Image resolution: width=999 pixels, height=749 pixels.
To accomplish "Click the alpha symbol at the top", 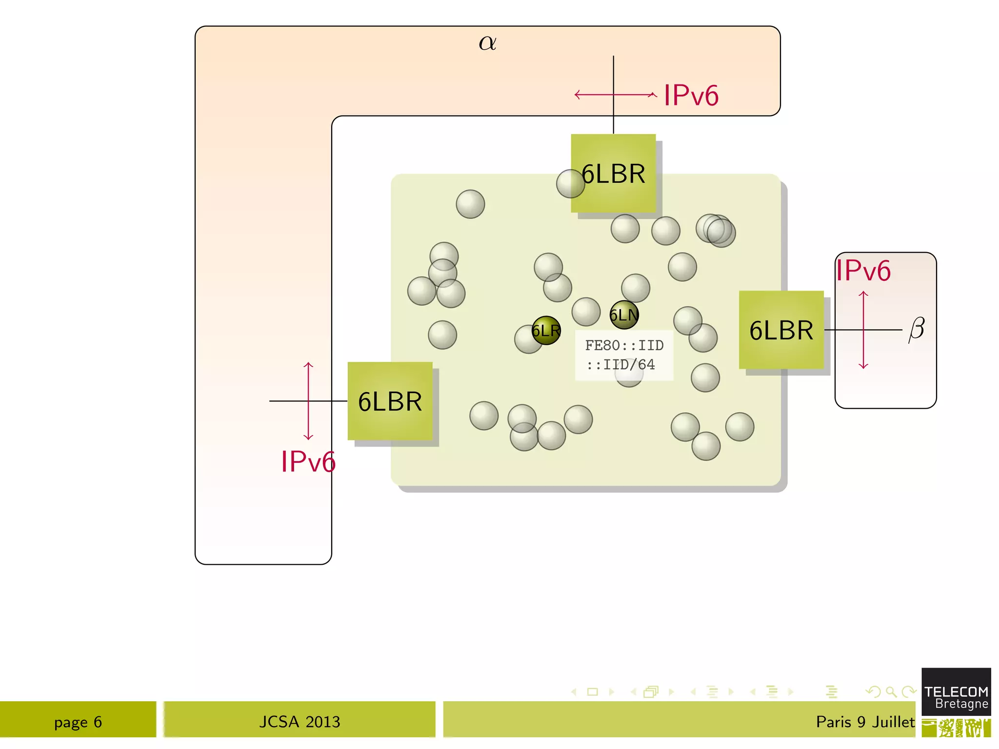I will tap(487, 43).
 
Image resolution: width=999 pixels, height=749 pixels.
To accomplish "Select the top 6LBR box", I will tap(613, 174).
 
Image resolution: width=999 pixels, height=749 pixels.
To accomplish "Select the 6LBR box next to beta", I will tap(781, 330).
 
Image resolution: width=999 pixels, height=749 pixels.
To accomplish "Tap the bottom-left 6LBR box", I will tap(390, 401).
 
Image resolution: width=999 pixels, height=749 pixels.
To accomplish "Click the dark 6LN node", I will tap(624, 315).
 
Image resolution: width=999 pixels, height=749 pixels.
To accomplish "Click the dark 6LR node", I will tap(546, 331).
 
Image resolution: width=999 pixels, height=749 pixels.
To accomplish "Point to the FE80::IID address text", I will tap(624, 345).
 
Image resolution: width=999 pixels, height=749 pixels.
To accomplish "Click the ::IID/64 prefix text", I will tap(620, 365).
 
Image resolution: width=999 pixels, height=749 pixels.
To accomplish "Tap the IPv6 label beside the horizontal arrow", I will tap(691, 95).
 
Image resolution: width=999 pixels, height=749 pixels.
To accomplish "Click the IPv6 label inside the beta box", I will tap(863, 271).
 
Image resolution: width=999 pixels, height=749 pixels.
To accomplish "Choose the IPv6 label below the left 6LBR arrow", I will tap(308, 461).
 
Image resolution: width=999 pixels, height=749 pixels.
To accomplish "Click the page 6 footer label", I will tap(78, 722).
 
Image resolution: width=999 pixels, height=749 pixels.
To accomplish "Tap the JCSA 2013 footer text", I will tap(300, 722).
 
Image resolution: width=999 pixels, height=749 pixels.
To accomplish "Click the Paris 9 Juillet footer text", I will tap(865, 722).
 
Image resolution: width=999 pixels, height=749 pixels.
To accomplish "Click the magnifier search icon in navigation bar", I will tap(891, 691).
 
